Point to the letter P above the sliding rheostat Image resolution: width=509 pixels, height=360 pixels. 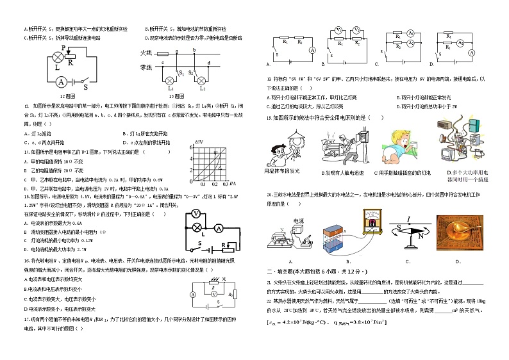[x=64, y=48]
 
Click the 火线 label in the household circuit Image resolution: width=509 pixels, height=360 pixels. [x=145, y=53]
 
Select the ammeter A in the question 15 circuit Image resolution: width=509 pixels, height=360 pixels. [x=217, y=227]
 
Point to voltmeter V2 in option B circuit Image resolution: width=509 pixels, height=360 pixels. [x=356, y=30]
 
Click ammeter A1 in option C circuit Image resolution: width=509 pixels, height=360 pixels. [x=399, y=36]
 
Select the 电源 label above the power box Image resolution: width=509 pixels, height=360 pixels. [x=297, y=220]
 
